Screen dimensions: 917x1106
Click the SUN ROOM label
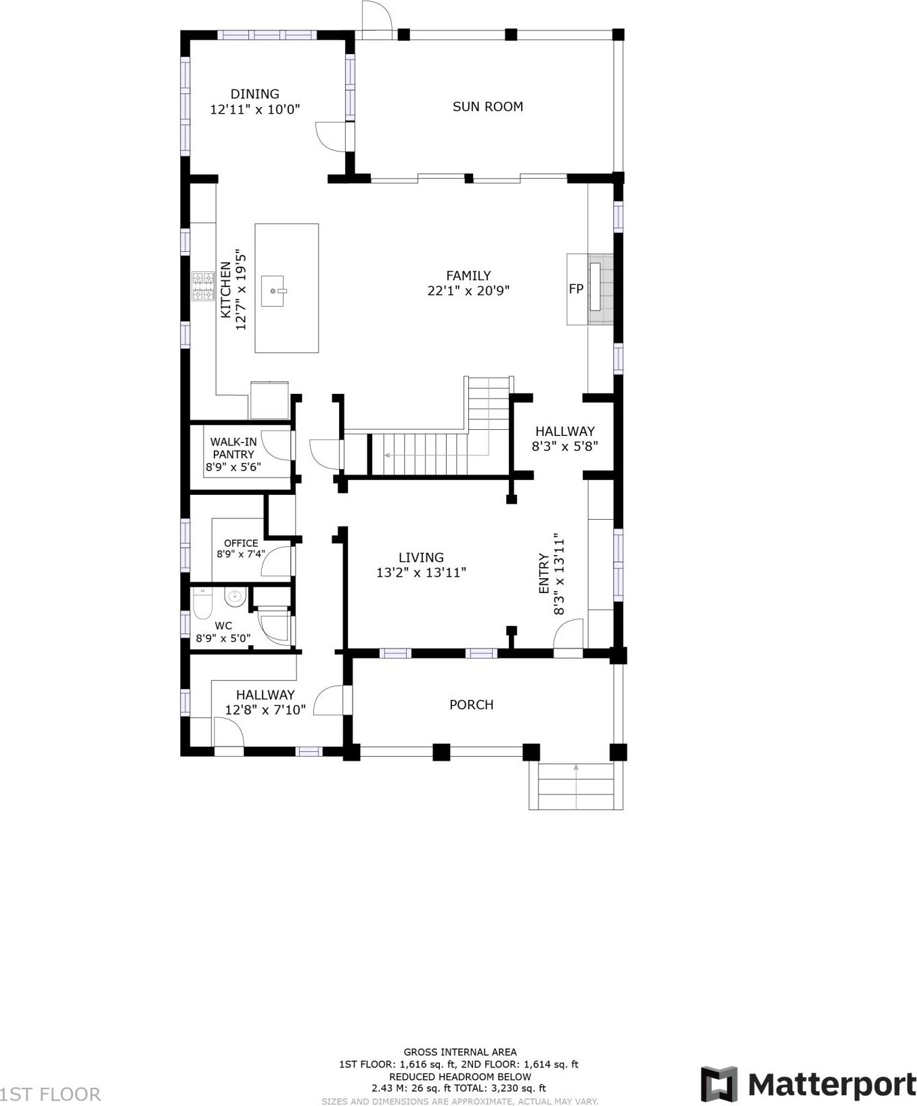[x=487, y=106]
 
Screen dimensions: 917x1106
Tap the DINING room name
[x=254, y=94]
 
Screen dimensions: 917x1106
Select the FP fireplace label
[x=576, y=289]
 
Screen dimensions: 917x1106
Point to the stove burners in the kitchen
[x=203, y=286]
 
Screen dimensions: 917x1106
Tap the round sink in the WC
[x=234, y=597]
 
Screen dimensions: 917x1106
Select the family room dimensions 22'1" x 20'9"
[x=468, y=291]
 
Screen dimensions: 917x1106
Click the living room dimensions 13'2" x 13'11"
[x=421, y=573]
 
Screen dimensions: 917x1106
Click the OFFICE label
[x=241, y=543]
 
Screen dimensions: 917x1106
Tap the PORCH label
[x=472, y=705]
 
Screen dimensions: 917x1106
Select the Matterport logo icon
[x=719, y=1084]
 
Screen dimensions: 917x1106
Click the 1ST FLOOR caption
[x=51, y=1094]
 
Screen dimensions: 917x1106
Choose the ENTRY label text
[x=544, y=574]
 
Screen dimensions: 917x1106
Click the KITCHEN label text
[x=226, y=290]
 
